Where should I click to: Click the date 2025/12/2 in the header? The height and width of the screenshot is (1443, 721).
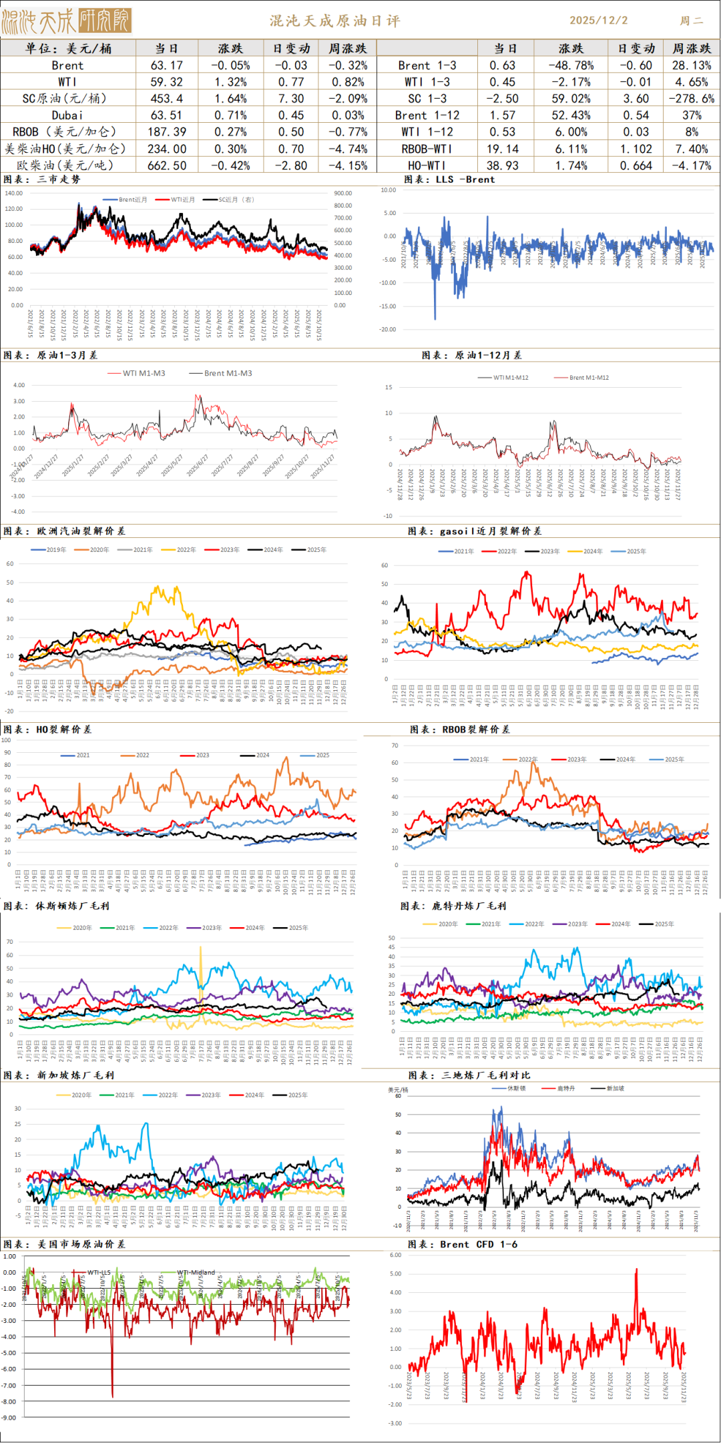pyautogui.click(x=598, y=21)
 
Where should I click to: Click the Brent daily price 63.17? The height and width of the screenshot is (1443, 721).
pyautogui.click(x=167, y=65)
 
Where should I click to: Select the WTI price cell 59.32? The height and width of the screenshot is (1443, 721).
pyautogui.click(x=167, y=82)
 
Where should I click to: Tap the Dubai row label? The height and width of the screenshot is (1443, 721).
pyautogui.click(x=67, y=115)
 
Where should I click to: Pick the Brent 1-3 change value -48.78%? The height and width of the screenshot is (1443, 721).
pyautogui.click(x=571, y=65)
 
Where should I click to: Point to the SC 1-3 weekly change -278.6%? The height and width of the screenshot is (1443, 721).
pyautogui.click(x=692, y=99)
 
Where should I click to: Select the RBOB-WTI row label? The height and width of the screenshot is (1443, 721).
pyautogui.click(x=427, y=149)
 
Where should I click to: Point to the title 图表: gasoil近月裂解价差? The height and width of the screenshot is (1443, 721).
pyautogui.click(x=475, y=531)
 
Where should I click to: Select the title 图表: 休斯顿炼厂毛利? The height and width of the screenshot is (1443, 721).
pyautogui.click(x=56, y=906)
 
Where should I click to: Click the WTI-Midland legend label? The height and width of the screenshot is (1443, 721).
pyautogui.click(x=196, y=1273)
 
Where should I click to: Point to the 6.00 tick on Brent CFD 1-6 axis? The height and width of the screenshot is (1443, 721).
pyautogui.click(x=395, y=1255)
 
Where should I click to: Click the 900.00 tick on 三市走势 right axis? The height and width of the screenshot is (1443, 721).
pyautogui.click(x=343, y=194)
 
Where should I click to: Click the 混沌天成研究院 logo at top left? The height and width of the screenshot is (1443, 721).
pyautogui.click(x=67, y=21)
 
